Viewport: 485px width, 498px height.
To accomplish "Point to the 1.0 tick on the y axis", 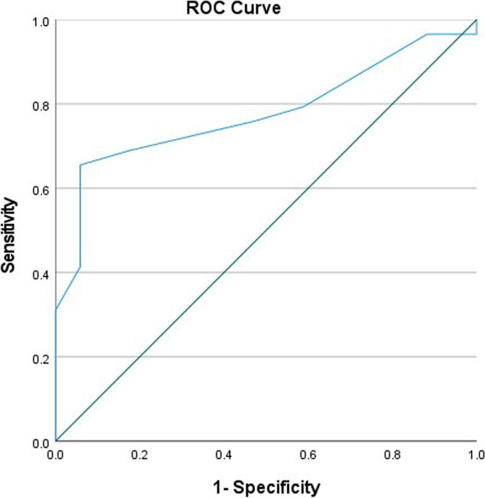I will pos(40,20).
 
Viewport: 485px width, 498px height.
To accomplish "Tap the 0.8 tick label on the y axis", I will pos(40,104).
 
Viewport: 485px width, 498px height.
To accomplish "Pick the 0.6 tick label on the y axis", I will pos(40,188).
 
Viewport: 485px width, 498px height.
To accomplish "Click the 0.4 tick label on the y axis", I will pos(40,273).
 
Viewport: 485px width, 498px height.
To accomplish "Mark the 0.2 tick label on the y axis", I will pos(40,357).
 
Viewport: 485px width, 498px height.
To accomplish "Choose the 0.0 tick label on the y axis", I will pos(40,441).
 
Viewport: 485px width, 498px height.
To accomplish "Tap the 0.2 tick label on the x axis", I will pos(140,454).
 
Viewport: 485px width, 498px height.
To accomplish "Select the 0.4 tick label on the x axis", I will pos(224,454).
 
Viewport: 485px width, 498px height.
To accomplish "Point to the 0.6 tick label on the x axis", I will pos(309,454).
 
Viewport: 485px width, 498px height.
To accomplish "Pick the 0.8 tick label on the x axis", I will pos(392,454).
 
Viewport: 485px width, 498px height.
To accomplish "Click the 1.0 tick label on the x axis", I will pos(475,454).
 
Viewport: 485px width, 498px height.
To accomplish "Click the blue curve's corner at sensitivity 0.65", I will pos(80,165).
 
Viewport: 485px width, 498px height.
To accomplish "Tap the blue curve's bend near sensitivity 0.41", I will pos(80,267).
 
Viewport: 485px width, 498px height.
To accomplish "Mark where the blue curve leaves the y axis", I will pos(56,310).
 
